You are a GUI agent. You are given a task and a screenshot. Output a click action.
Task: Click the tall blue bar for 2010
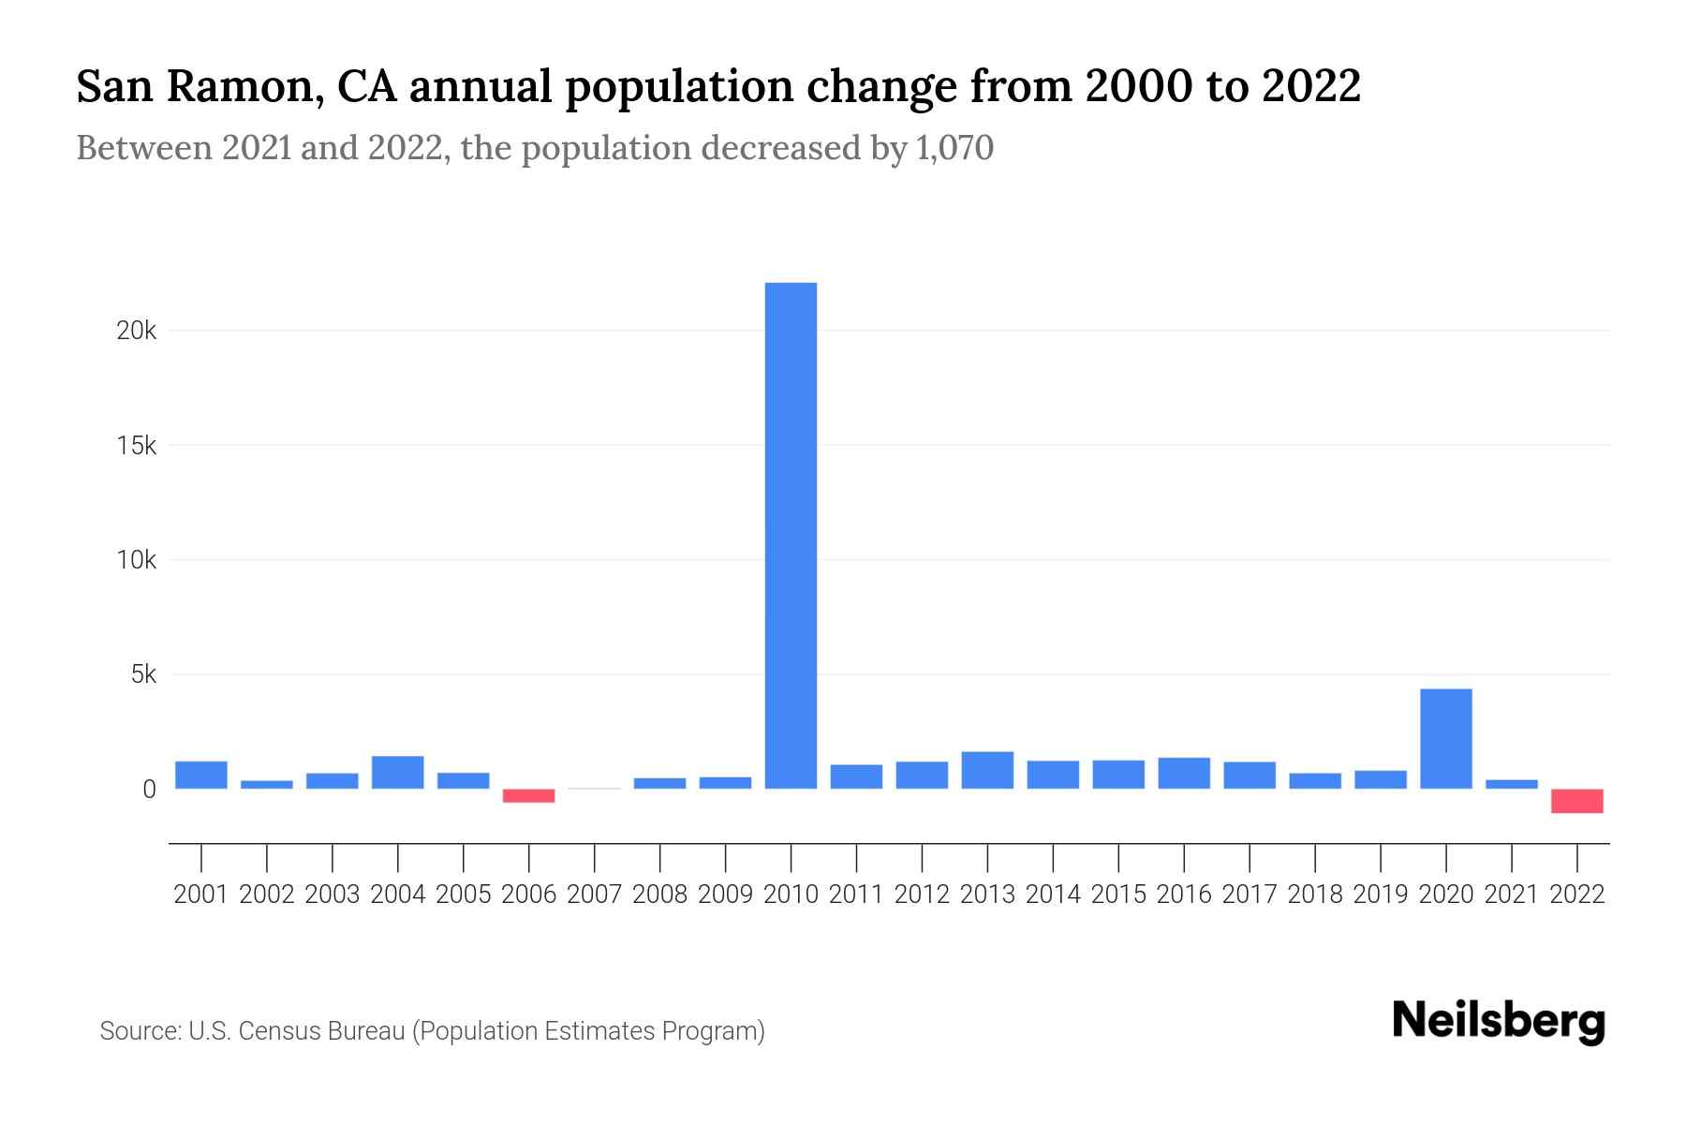791,535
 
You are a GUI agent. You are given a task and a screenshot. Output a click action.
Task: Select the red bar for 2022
1577,801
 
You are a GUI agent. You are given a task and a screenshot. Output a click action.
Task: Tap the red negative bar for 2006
529,795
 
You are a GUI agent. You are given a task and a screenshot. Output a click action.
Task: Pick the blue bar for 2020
1446,738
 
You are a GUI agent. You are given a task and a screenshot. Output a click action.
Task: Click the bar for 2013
987,770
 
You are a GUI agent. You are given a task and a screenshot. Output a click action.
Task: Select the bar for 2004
398,772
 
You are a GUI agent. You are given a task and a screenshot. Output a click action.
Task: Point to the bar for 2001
201,775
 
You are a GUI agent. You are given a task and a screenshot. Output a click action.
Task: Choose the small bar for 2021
1512,784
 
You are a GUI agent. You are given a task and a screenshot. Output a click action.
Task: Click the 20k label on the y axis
137,332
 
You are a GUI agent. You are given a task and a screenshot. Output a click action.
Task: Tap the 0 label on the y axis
149,790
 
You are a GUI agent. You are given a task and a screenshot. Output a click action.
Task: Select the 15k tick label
137,446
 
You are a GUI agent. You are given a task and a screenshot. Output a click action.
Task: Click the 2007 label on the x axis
595,895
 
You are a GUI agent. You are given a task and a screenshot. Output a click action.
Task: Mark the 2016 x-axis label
1184,895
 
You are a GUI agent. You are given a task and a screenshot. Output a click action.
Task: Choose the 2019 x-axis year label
1381,895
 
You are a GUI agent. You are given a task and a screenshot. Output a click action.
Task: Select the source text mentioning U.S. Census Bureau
432,1031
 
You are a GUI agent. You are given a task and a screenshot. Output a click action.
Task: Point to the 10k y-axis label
137,560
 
